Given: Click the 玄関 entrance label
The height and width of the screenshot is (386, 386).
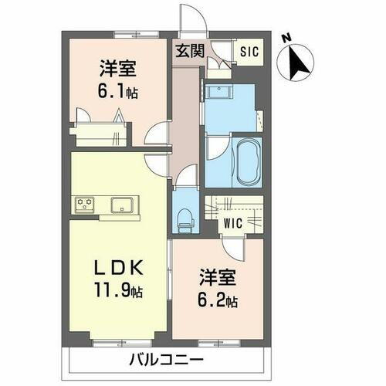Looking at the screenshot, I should [x=188, y=52].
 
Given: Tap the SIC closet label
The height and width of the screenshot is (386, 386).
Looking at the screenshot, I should [x=248, y=52].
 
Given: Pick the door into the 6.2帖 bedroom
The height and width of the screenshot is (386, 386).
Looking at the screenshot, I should [x=231, y=248].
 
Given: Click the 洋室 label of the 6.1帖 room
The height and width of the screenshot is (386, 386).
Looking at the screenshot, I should [x=117, y=68].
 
